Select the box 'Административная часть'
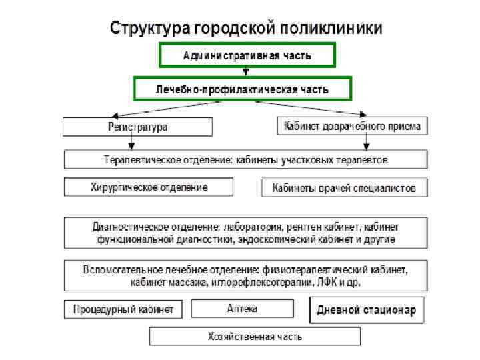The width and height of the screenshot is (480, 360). click(247, 55)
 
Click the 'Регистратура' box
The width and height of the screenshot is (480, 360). click(138, 126)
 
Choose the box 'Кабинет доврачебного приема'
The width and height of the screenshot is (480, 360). click(352, 125)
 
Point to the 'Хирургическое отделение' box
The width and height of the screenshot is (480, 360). click(149, 187)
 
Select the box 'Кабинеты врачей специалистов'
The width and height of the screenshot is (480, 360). click(344, 189)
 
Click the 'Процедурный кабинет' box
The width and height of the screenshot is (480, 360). click(123, 310)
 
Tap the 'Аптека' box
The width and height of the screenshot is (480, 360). click(242, 309)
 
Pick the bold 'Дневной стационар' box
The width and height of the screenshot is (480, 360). click(367, 310)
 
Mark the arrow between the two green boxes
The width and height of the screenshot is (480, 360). click(246, 71)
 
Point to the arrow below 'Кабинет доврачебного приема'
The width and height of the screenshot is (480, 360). click(365, 143)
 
